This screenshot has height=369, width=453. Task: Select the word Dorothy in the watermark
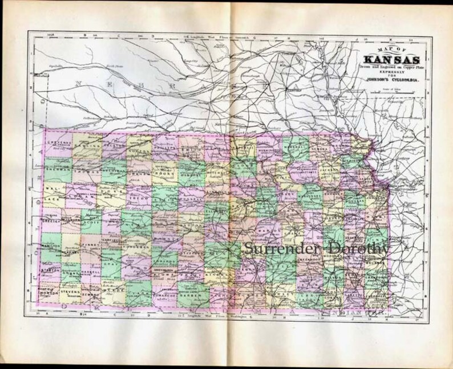pos(357,248)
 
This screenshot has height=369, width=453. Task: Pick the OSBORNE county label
pos(191,175)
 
